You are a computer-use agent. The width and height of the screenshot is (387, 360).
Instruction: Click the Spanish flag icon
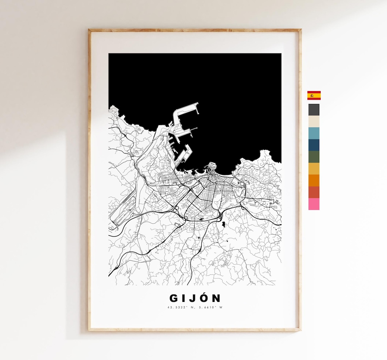pyautogui.click(x=314, y=95)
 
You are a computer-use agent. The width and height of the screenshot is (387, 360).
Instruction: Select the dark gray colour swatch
pyautogui.click(x=314, y=109)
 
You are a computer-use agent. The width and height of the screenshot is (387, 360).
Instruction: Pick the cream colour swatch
pyautogui.click(x=314, y=121)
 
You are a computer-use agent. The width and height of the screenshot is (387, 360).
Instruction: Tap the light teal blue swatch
pyautogui.click(x=314, y=133)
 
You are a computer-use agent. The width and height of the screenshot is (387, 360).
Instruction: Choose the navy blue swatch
pyautogui.click(x=314, y=145)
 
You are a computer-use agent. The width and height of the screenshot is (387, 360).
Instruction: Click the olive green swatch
pyautogui.click(x=314, y=157)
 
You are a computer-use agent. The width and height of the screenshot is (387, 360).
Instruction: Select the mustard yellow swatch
pyautogui.click(x=314, y=169)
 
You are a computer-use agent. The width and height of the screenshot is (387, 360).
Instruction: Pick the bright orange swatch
pyautogui.click(x=314, y=180)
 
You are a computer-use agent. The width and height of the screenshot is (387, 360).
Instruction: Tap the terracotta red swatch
pyautogui.click(x=314, y=192)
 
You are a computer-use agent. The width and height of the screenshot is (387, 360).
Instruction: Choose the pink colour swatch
pyautogui.click(x=314, y=204)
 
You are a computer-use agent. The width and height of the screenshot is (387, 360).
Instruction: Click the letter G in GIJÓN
pyautogui.click(x=173, y=298)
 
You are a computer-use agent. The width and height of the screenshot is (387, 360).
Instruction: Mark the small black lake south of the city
pyautogui.click(x=224, y=224)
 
